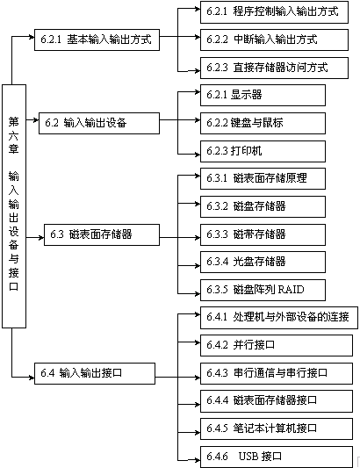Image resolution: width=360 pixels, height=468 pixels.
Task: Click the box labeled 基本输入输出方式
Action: [x=97, y=40]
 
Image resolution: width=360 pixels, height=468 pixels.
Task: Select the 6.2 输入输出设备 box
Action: [x=99, y=123]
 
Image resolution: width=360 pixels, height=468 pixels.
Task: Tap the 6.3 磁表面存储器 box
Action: [x=102, y=234]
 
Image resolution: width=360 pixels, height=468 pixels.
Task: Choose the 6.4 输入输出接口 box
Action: [x=95, y=373]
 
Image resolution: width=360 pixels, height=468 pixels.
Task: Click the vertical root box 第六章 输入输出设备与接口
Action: [x=14, y=206]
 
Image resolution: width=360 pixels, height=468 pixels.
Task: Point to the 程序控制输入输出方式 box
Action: [x=274, y=12]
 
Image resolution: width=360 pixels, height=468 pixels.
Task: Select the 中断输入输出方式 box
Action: [x=274, y=40]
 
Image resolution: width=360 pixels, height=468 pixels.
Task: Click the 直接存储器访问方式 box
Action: [x=274, y=68]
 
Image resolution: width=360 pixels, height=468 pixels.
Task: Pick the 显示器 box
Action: [x=263, y=95]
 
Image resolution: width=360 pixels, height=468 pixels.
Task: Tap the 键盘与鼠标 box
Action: [x=263, y=123]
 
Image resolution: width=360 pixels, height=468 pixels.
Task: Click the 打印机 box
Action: [x=263, y=151]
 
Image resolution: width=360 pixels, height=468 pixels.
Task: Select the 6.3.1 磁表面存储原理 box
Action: [x=263, y=178]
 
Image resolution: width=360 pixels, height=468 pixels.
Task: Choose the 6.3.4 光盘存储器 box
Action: [x=263, y=262]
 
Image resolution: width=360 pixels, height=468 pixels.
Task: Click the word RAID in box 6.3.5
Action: [x=291, y=290]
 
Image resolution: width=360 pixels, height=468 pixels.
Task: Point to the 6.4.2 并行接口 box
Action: [x=276, y=345]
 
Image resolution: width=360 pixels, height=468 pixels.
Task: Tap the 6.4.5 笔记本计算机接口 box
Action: [x=276, y=428]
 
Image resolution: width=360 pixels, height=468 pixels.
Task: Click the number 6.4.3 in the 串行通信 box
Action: [x=217, y=373]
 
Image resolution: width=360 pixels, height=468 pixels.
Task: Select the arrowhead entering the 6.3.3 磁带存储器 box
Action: [x=198, y=238]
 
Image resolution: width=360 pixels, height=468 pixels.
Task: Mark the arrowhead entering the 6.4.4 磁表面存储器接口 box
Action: [x=198, y=405]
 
